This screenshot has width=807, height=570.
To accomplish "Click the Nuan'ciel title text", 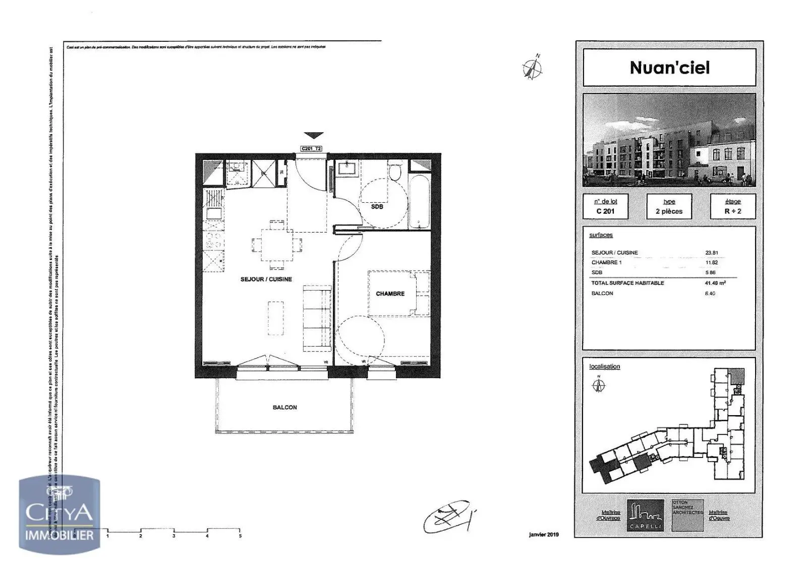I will pos(669,68).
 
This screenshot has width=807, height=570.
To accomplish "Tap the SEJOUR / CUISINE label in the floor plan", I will pos(266,279).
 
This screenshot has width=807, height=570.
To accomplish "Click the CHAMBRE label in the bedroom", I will pos(390,294).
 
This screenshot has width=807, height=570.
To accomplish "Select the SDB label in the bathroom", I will pos(377,206).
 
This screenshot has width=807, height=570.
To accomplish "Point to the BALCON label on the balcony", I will pos(284,407).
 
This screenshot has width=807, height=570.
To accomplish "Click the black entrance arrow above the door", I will pos(313,135).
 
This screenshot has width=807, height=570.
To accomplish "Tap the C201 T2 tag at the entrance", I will pos(311,149).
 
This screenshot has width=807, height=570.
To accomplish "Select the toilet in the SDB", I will pos(395,173).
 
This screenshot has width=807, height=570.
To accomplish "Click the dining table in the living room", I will pos(277,245).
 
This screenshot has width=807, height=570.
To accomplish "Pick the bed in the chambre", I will pos(398,293).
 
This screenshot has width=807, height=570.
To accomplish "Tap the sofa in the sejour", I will pos(316,317).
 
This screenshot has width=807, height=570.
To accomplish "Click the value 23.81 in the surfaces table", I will pos(712,253).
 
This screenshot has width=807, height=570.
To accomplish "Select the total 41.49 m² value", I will pos(715,283).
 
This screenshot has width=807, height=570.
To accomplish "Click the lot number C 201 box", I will pos(605,206).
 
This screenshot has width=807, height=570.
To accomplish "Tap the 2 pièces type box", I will pos(669,206).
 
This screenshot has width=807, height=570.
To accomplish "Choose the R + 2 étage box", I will pos(732,206).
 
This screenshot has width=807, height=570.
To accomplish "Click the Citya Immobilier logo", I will pos(60,515).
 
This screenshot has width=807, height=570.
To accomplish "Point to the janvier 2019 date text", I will pos(544,535).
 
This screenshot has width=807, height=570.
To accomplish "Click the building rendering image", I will pos(669,140).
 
